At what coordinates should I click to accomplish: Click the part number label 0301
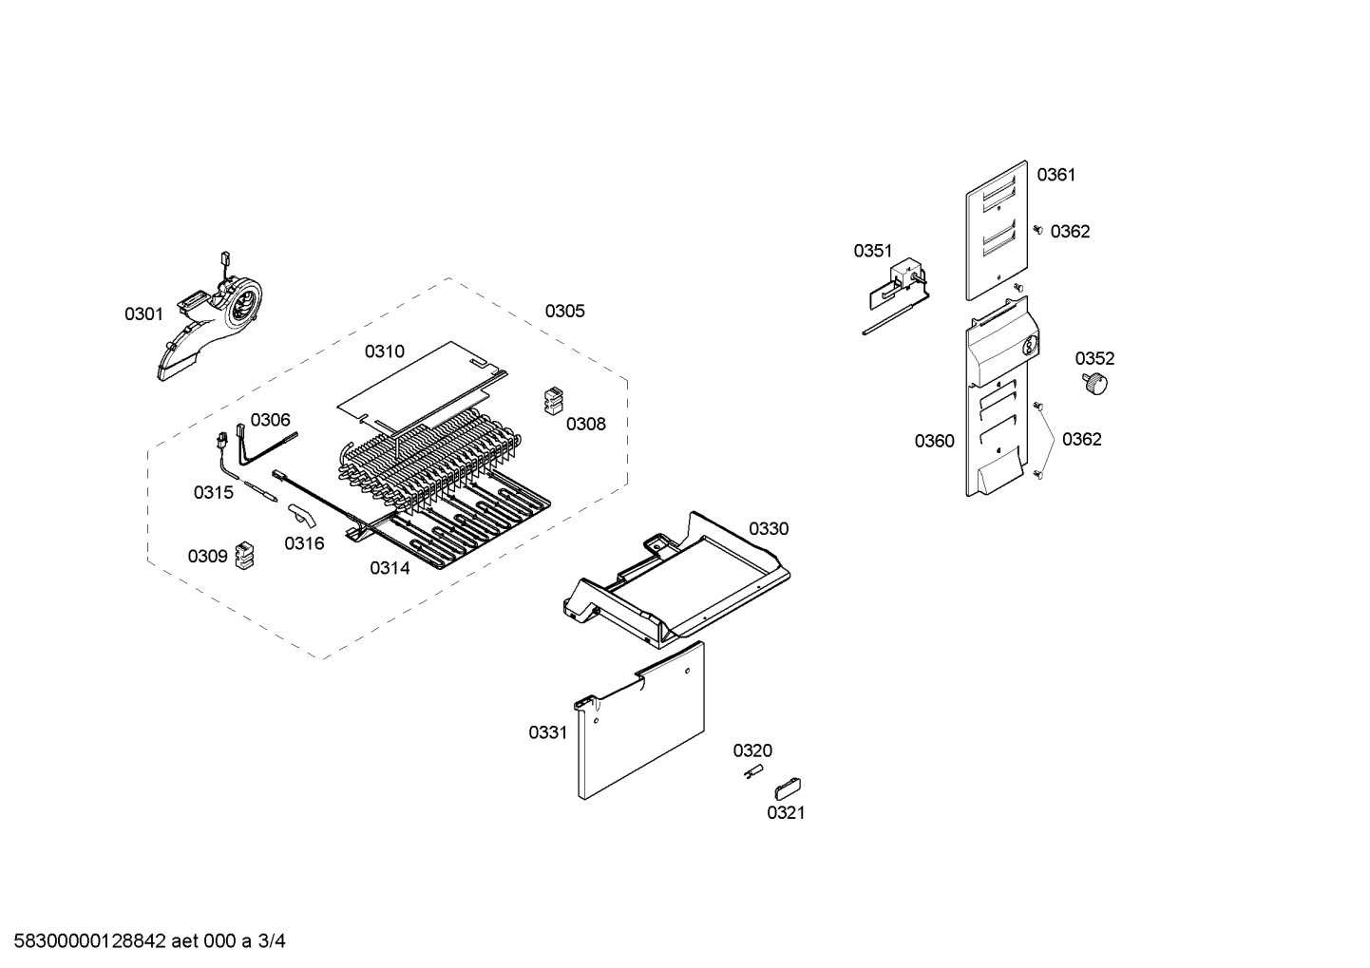pyautogui.click(x=143, y=314)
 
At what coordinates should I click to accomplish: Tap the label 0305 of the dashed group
pyautogui.click(x=564, y=312)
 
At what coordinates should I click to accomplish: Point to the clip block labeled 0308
pyautogui.click(x=554, y=401)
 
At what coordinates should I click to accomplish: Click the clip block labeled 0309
pyautogui.click(x=245, y=555)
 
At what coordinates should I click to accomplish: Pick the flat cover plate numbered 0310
pyautogui.click(x=422, y=386)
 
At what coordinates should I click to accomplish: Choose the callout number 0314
pyautogui.click(x=390, y=568)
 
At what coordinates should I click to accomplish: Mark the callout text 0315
pyautogui.click(x=214, y=492)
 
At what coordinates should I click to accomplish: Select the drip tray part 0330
pyautogui.click(x=675, y=579)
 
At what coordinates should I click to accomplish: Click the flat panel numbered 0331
pyautogui.click(x=639, y=721)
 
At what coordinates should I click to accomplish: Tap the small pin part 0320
pyautogui.click(x=752, y=771)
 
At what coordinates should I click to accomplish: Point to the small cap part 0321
pyautogui.click(x=788, y=788)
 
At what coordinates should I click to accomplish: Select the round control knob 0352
pyautogui.click(x=1095, y=384)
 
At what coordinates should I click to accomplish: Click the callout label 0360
pyautogui.click(x=935, y=441)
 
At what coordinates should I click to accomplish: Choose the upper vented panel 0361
pyautogui.click(x=997, y=231)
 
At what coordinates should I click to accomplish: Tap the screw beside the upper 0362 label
pyautogui.click(x=1037, y=230)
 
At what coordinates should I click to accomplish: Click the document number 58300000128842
pyautogui.click(x=90, y=941)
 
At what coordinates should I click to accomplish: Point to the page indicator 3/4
pyautogui.click(x=272, y=941)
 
